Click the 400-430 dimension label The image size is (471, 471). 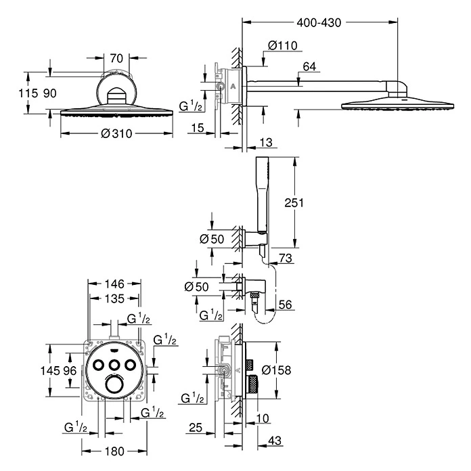(319, 22)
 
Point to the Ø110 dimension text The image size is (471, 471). (282, 46)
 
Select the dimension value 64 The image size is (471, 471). (311, 66)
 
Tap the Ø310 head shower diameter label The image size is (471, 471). (116, 133)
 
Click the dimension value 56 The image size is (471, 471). (286, 305)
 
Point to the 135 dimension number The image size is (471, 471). (114, 299)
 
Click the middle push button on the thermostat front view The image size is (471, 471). (113, 365)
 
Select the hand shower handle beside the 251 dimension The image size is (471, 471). (262, 196)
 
